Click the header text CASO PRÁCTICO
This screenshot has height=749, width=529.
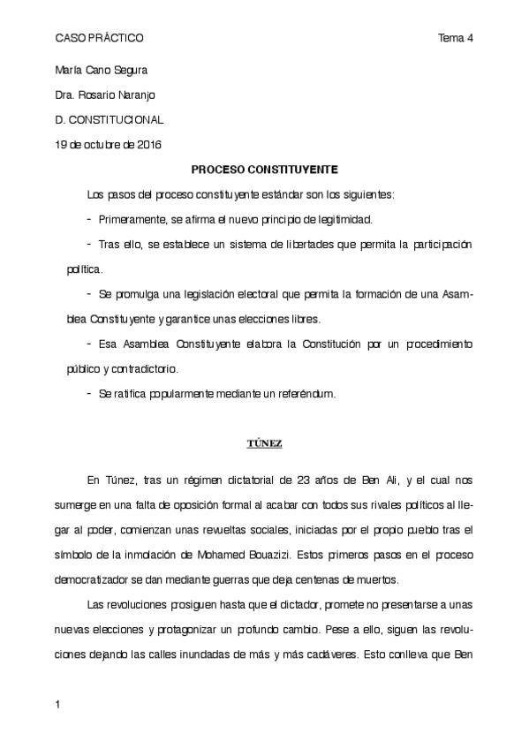click(x=99, y=39)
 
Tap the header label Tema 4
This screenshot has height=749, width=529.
click(x=457, y=39)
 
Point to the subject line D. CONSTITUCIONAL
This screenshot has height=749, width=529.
click(x=109, y=119)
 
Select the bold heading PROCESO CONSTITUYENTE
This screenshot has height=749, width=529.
click(x=265, y=168)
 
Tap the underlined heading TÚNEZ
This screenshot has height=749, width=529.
click(x=264, y=443)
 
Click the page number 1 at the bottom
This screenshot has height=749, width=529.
click(x=58, y=705)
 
